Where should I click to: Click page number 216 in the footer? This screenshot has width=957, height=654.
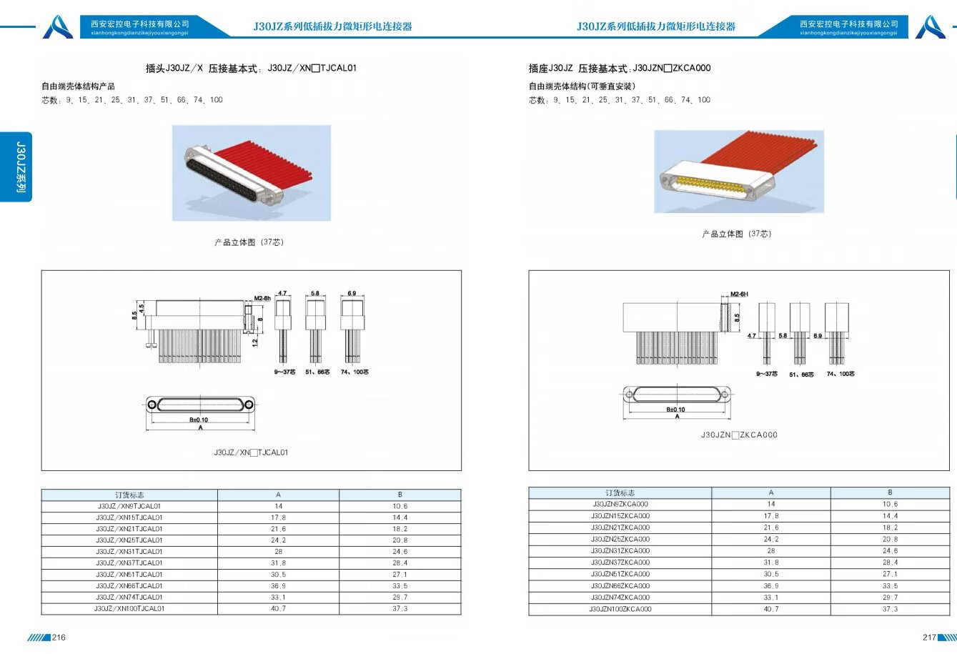pos(59,638)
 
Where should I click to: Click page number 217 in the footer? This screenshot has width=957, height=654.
pos(928,638)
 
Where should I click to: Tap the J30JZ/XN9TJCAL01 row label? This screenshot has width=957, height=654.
pos(129,506)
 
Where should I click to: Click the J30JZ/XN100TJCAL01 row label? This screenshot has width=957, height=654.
pos(129,609)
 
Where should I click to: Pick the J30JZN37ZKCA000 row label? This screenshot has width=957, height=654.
pos(620,563)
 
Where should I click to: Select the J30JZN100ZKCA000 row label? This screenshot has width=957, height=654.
pos(620,609)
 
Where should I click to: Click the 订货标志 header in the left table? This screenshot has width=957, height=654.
pos(129,495)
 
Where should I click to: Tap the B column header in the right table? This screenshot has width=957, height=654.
pos(890,492)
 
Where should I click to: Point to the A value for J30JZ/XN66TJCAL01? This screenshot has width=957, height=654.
pos(278,586)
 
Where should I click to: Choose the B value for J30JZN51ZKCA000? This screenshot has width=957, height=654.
pos(890,574)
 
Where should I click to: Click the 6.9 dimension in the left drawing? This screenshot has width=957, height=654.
pos(352,294)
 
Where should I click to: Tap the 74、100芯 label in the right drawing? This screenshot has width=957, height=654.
pos(841,374)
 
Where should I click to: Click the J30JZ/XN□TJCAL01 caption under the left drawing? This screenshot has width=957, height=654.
pos(251,452)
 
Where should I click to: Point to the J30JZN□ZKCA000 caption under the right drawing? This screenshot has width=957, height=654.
pos(739,435)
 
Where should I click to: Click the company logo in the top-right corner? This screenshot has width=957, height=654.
pos(931,26)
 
